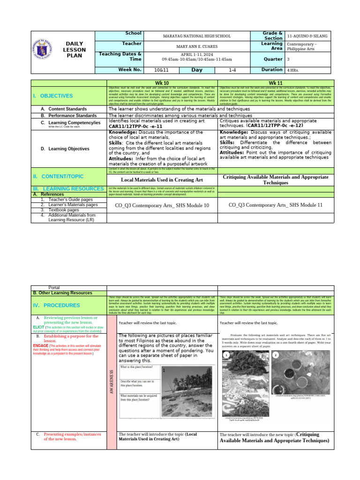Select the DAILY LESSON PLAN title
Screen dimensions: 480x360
pyautogui.click(x=74, y=49)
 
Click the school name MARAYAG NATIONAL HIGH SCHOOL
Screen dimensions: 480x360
pyautogui.click(x=189, y=36)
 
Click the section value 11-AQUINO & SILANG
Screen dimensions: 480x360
pyautogui.click(x=307, y=36)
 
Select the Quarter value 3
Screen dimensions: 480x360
pyautogui.click(x=288, y=60)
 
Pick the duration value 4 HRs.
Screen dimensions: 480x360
pyautogui.click(x=293, y=70)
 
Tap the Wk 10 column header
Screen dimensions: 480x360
pyautogui.click(x=162, y=82)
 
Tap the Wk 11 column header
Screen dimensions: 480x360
pyautogui.click(x=274, y=82)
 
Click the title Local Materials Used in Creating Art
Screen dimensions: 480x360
pyautogui.click(x=162, y=180)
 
